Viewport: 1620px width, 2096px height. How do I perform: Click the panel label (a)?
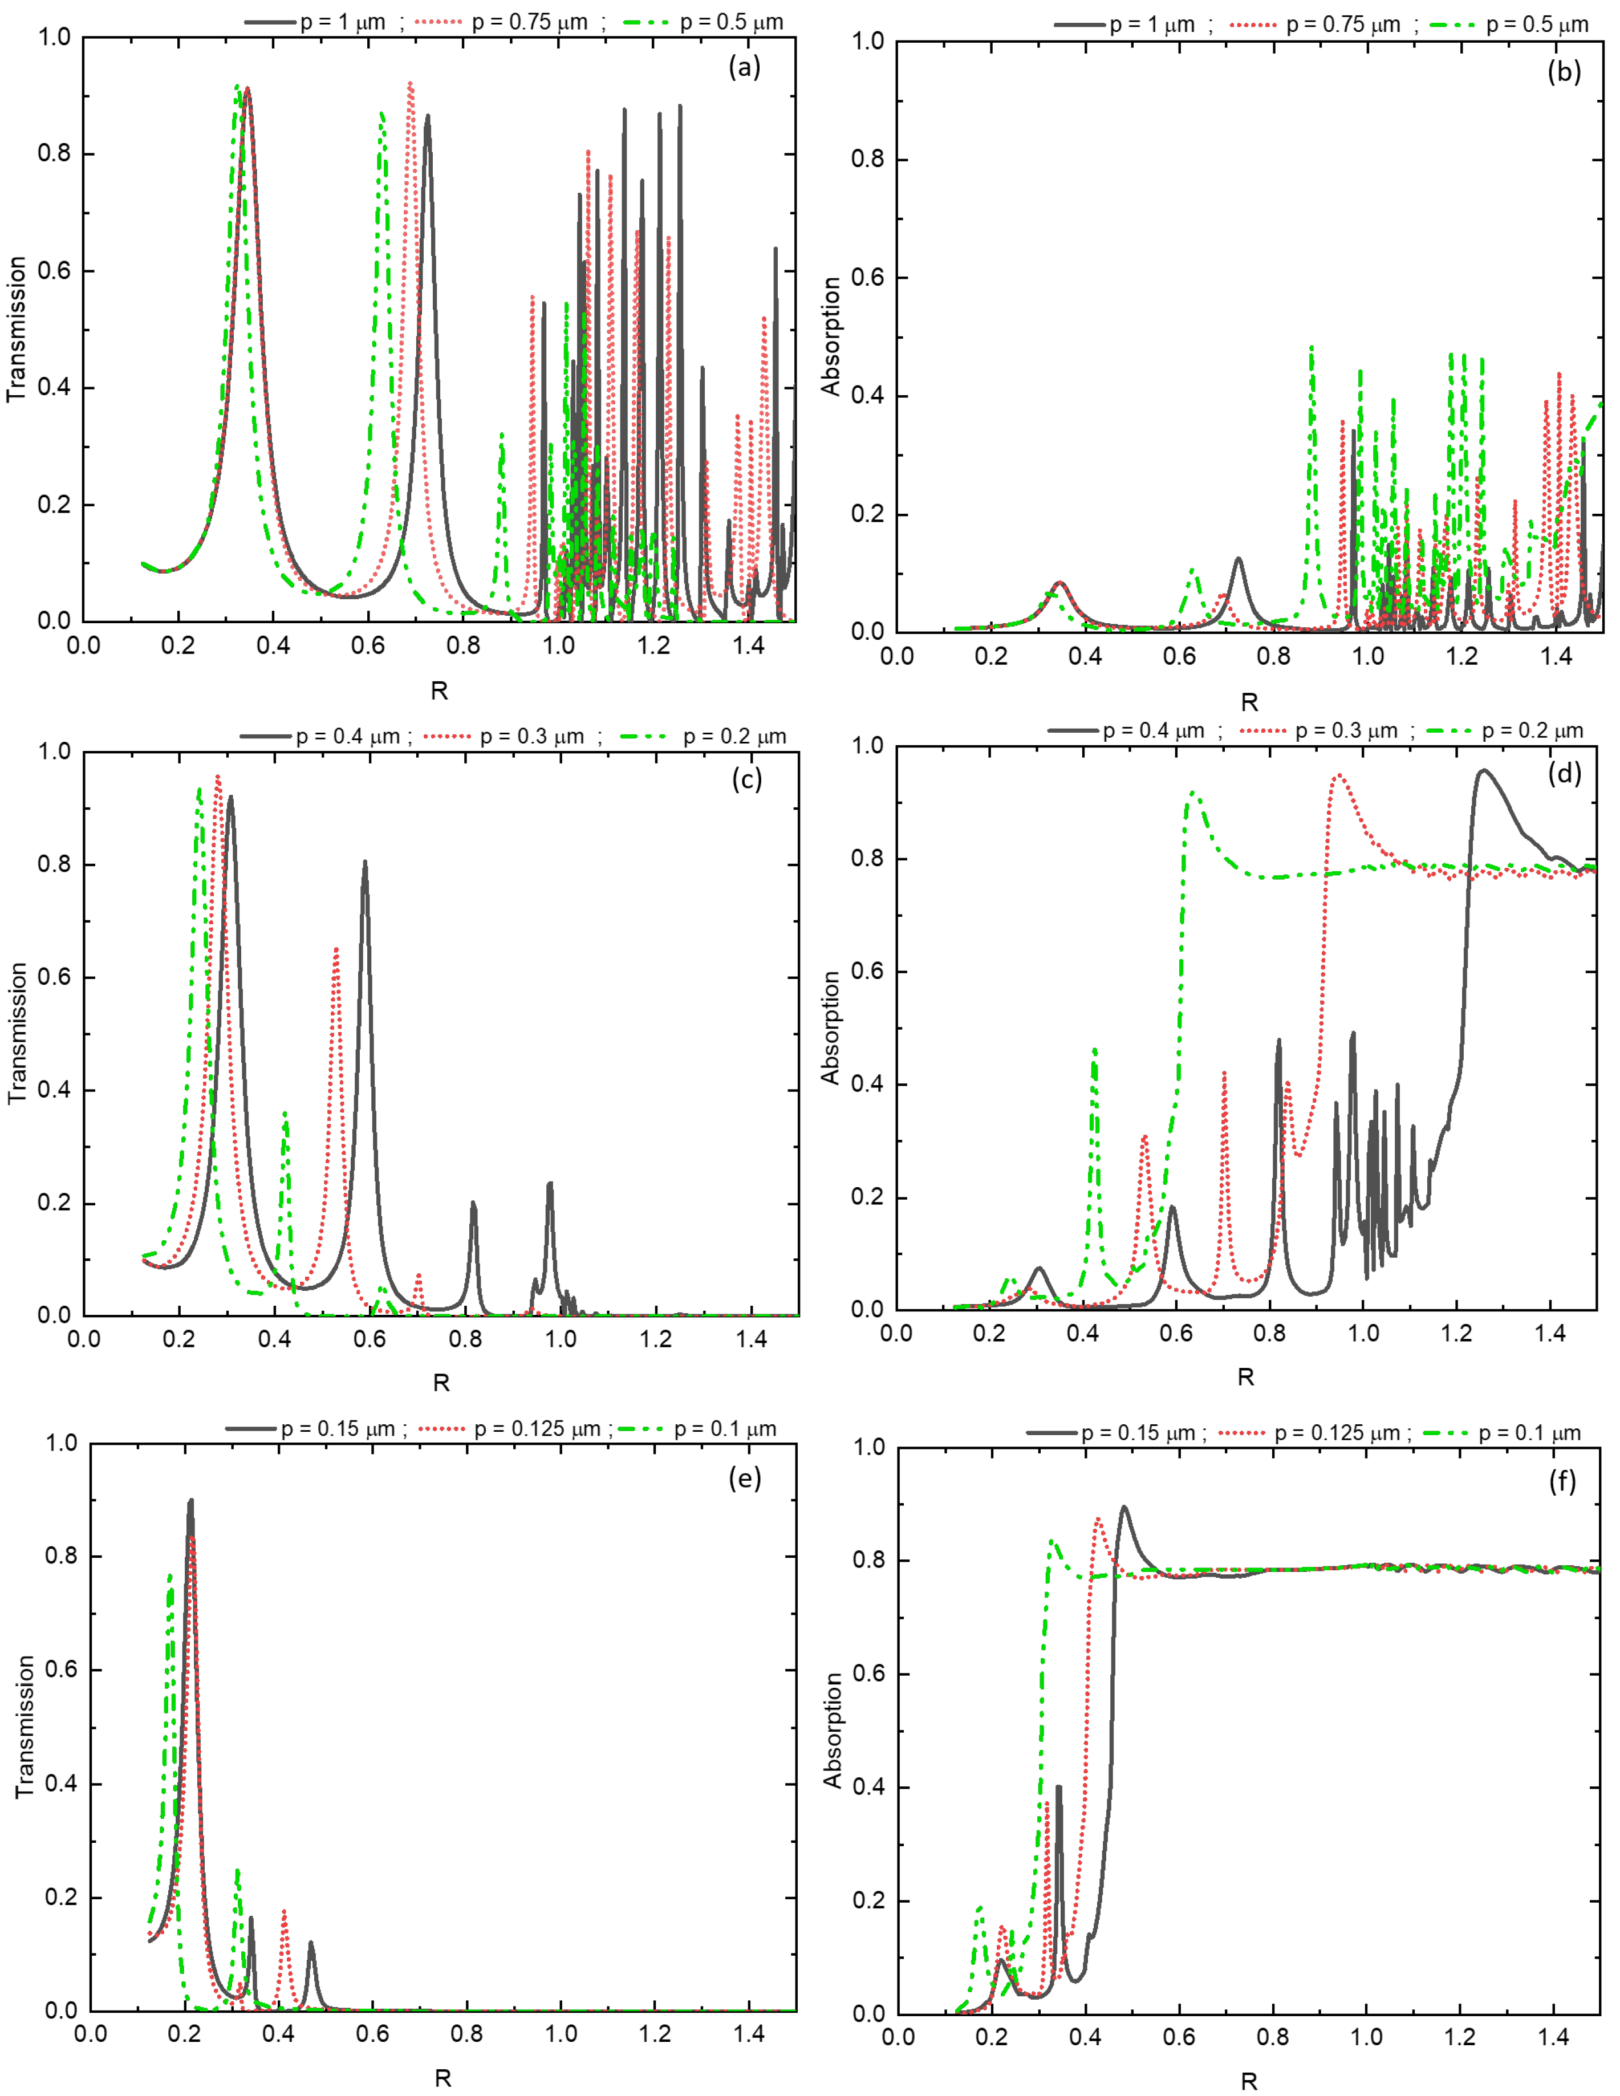click(744, 67)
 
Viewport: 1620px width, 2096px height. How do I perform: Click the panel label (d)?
click(1564, 773)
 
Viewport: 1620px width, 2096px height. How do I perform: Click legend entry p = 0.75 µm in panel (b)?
click(1343, 25)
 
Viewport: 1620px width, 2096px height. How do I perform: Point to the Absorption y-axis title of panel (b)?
click(831, 336)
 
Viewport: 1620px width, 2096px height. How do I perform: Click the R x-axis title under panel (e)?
click(442, 2078)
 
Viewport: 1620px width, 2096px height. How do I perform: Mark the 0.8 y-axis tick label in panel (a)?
click(54, 153)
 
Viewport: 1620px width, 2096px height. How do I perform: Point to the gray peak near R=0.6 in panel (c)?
click(365, 863)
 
